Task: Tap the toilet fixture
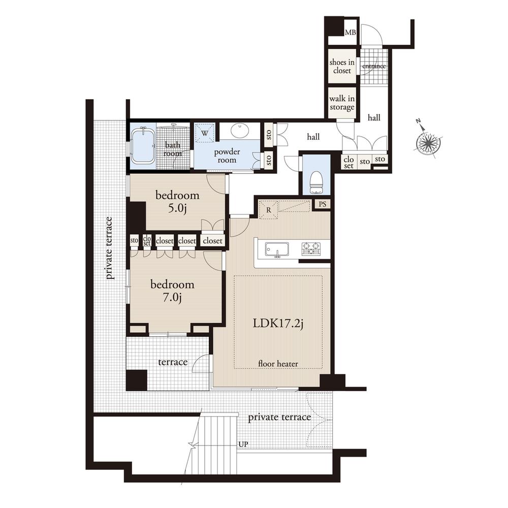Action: pos(316,182)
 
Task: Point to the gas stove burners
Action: pos(311,248)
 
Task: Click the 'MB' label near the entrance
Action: pos(350,33)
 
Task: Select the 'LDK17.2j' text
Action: pos(278,324)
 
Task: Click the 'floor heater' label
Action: pos(277,363)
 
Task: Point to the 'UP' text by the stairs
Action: pos(243,444)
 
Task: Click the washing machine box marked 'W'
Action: pos(205,133)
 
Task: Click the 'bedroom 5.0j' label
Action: pos(177,202)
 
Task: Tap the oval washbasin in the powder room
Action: pos(239,131)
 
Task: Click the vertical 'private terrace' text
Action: pos(109,248)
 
